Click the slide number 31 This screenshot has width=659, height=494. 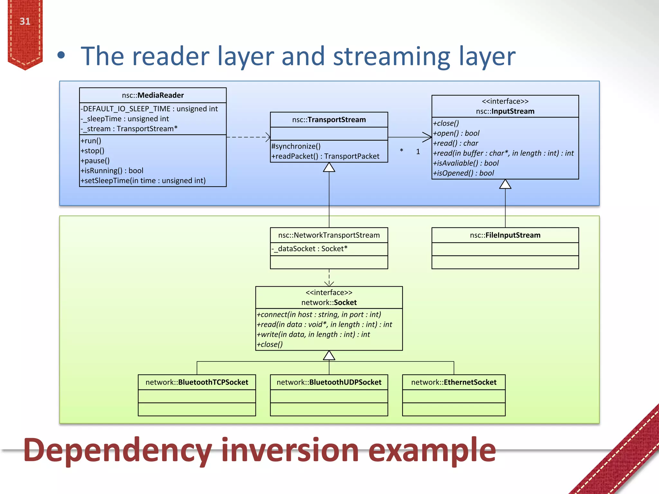(25, 21)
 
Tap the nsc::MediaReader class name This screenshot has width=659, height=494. (153, 95)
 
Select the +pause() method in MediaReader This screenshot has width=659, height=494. (95, 160)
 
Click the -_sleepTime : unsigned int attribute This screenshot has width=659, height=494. (125, 119)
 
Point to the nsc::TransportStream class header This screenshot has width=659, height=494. (329, 120)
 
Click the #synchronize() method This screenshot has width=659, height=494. (296, 146)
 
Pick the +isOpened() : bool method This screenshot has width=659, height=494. (463, 173)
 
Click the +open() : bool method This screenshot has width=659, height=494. (456, 133)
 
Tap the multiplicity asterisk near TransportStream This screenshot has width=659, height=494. (402, 151)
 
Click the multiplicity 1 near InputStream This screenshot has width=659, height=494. (418, 151)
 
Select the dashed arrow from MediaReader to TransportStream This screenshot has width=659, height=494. (248, 137)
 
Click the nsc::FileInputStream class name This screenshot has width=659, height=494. (505, 235)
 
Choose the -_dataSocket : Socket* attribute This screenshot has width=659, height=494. (310, 249)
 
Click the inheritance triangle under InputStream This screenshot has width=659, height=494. (505, 184)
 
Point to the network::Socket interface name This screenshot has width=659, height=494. (329, 302)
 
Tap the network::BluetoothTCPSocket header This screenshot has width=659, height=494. (197, 382)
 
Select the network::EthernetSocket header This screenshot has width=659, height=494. (454, 382)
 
